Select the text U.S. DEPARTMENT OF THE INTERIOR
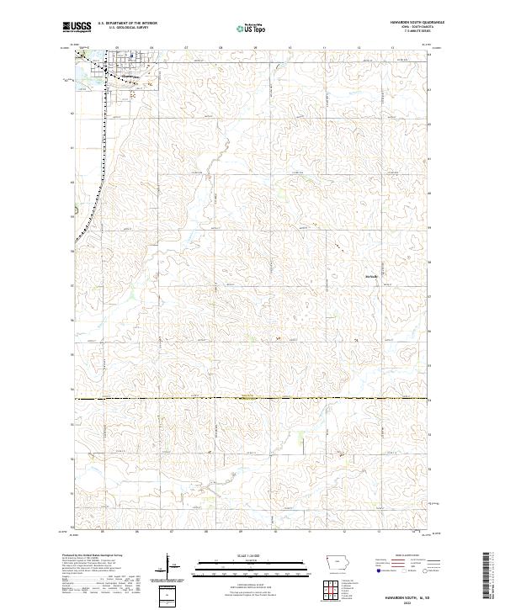pyautogui.click(x=127, y=24)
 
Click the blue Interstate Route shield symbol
pyautogui.click(x=379, y=571)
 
